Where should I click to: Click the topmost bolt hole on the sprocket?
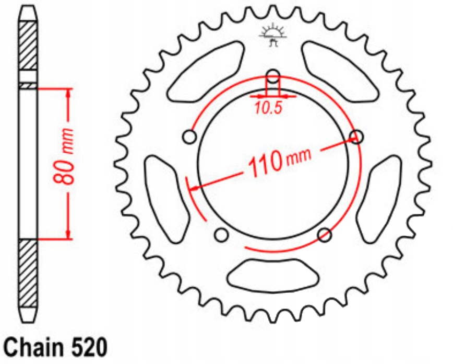273,75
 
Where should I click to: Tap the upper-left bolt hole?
189,136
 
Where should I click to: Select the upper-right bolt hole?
357,137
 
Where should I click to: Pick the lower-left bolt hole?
221,235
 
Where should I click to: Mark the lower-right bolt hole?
325,235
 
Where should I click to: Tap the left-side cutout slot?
166,199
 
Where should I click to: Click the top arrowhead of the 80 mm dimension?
68,94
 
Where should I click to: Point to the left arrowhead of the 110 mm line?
194,187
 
